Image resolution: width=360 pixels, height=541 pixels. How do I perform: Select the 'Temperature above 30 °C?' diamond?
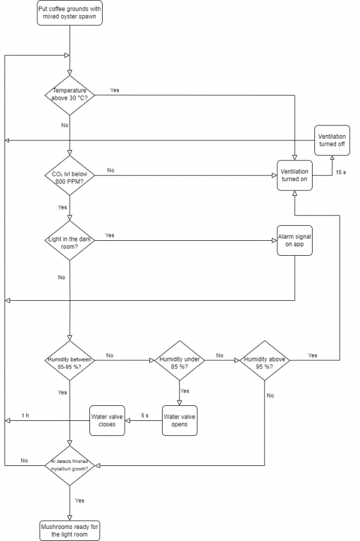pyautogui.click(x=70, y=95)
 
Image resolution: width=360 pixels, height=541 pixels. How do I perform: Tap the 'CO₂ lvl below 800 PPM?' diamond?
pyautogui.click(x=70, y=175)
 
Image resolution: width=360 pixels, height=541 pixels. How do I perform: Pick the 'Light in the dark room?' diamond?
pyautogui.click(x=70, y=240)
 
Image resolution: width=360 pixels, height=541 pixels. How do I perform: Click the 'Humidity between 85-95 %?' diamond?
pyautogui.click(x=70, y=360)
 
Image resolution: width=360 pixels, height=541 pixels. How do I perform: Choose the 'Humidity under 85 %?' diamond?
pyautogui.click(x=179, y=360)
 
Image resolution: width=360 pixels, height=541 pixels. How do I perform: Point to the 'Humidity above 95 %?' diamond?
pyautogui.click(x=265, y=360)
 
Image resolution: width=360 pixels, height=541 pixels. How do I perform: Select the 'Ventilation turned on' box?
pyautogui.click(x=295, y=175)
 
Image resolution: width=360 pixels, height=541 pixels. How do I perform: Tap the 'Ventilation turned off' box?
pyautogui.click(x=332, y=141)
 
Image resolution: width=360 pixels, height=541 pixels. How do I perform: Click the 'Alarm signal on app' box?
pyautogui.click(x=295, y=240)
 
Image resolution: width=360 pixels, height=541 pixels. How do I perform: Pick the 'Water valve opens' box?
pyautogui.click(x=179, y=420)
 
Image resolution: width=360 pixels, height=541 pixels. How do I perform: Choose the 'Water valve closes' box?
pyautogui.click(x=107, y=420)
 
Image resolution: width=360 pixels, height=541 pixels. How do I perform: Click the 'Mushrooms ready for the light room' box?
pyautogui.click(x=70, y=530)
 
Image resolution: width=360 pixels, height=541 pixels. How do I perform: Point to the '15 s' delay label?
pyautogui.click(x=340, y=172)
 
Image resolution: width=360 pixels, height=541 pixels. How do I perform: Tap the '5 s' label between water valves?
pyautogui.click(x=145, y=416)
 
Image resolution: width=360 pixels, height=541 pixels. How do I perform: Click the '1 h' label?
pyautogui.click(x=25, y=416)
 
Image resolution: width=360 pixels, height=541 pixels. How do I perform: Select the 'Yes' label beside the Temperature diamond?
pyautogui.click(x=115, y=90)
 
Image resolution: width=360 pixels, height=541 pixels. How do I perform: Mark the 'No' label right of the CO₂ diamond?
pyautogui.click(x=110, y=171)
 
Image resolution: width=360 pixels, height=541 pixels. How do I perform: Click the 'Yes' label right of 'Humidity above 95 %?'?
pyautogui.click(x=313, y=355)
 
